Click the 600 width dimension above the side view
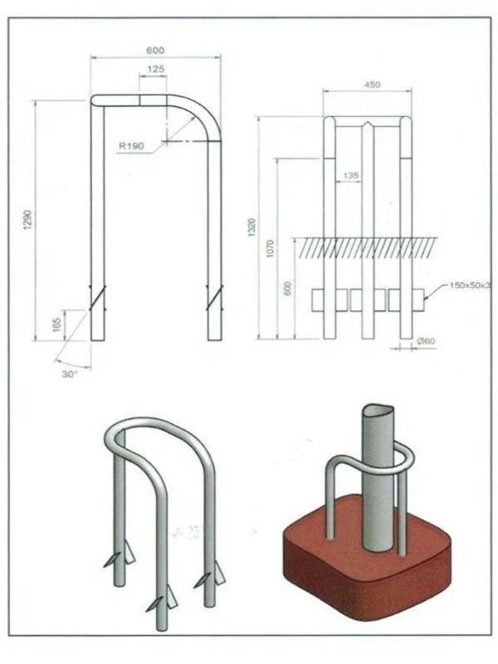click(x=155, y=51)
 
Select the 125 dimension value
click(x=156, y=69)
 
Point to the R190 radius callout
click(x=131, y=146)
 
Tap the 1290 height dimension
click(x=28, y=219)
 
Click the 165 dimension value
click(x=57, y=325)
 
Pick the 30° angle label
click(x=70, y=374)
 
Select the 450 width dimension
click(x=372, y=85)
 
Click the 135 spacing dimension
click(x=350, y=175)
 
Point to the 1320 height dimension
click(x=252, y=227)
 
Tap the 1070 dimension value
click(x=271, y=248)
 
